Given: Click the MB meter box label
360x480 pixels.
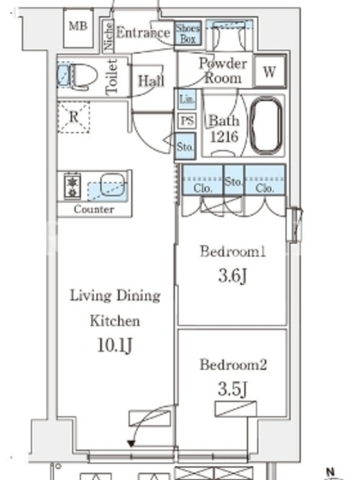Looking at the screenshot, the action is [x=78, y=26].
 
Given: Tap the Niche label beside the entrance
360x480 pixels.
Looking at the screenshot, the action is [x=109, y=36].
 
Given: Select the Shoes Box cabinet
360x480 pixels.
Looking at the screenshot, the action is [x=188, y=34].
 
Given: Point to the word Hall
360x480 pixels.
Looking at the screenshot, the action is [x=151, y=81].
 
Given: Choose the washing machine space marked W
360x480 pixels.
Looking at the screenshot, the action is [x=269, y=71].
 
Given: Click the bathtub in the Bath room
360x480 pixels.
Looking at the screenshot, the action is [x=266, y=125].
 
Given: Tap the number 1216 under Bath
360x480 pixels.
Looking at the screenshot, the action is [x=224, y=137].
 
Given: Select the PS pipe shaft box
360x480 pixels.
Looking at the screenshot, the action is [x=187, y=121].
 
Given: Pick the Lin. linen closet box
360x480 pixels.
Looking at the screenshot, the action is [x=187, y=99].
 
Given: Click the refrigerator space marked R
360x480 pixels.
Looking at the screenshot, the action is [x=73, y=117].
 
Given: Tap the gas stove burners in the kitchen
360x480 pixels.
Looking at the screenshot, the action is [x=72, y=186].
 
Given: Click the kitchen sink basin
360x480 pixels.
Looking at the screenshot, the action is [x=113, y=184].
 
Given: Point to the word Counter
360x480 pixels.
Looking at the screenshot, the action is [x=94, y=209].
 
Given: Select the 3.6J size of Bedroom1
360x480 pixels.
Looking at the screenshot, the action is [x=232, y=276].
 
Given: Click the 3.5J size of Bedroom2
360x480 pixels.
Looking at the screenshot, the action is [x=232, y=389].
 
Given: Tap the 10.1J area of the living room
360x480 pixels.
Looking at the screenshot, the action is [x=115, y=346].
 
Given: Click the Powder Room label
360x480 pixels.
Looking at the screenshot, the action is [x=223, y=71].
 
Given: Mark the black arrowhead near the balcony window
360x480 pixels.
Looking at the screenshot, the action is [x=131, y=443].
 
